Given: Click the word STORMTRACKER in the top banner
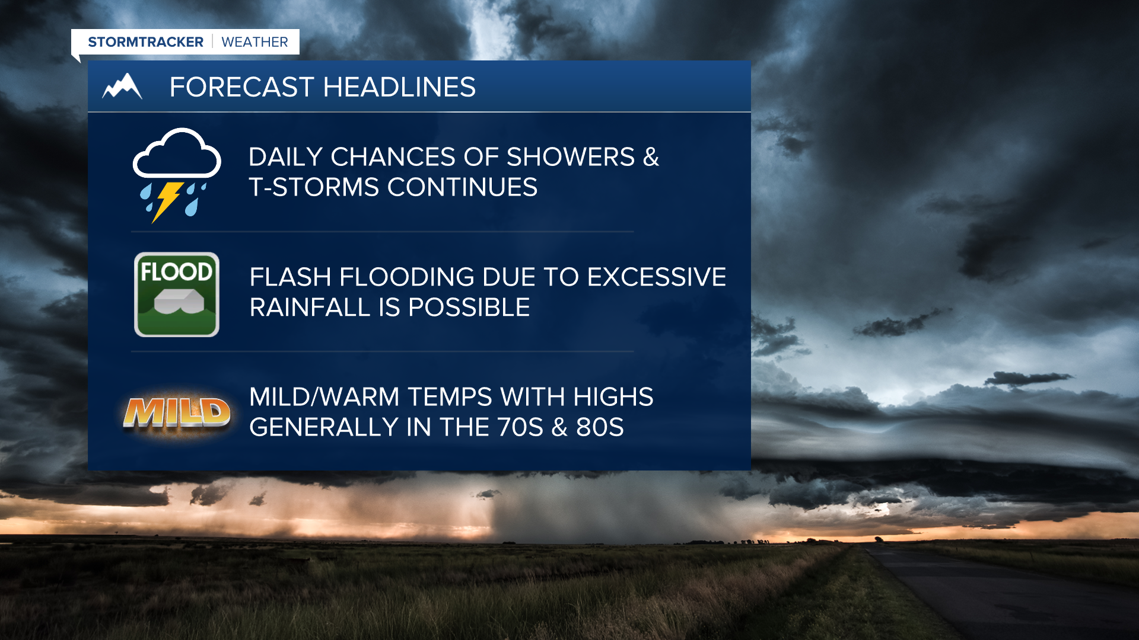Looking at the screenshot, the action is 145,42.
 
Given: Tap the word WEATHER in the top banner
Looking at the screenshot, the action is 254,42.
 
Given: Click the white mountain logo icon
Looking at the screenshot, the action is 122,87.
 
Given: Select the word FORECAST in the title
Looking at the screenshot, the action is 241,87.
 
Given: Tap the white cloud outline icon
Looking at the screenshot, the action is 177,153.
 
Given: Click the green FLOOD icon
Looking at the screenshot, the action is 177,295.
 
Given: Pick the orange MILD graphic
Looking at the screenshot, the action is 177,412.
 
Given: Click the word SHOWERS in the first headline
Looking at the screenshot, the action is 571,157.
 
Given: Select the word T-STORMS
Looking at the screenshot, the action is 314,187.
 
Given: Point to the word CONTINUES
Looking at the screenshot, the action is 463,187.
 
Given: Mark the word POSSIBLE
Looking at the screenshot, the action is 469,307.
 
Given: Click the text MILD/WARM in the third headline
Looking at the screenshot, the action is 324,397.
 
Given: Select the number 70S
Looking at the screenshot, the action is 520,427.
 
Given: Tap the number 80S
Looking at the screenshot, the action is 600,427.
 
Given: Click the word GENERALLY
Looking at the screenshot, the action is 324,427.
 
